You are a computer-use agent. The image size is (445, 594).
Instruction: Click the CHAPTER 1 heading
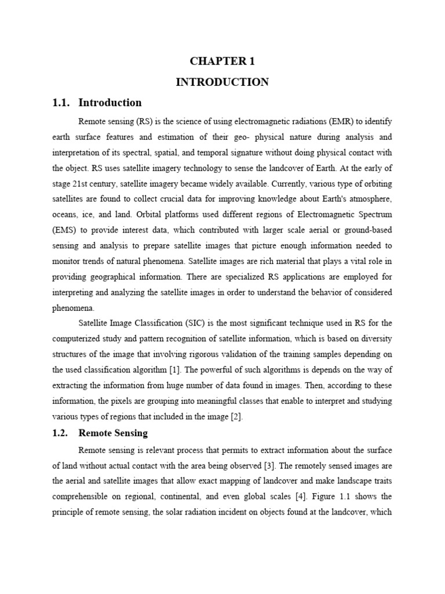[x=222, y=61]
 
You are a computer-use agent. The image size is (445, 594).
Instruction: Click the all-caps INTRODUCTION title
[x=222, y=82]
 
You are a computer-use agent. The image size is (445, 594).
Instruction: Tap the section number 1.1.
[x=61, y=103]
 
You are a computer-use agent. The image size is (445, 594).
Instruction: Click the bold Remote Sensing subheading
[x=113, y=433]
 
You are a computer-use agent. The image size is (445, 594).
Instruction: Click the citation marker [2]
[x=235, y=416]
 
